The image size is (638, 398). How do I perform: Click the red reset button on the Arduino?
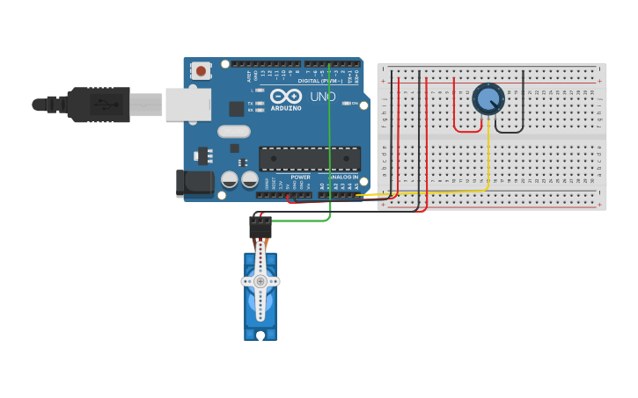[202, 70]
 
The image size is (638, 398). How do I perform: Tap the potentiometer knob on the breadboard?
[488, 98]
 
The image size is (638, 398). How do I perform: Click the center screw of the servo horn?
[260, 281]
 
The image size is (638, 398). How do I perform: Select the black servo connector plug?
[260, 228]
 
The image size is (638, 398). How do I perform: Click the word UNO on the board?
[322, 97]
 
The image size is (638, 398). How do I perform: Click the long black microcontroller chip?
[309, 158]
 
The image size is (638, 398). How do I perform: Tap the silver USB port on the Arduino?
[188, 104]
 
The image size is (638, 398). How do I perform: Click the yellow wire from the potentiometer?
[488, 167]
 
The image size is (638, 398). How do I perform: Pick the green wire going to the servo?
[329, 141]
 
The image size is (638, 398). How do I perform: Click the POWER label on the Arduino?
[300, 177]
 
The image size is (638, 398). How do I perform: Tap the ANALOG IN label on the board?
[343, 177]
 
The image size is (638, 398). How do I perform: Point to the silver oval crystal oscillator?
[233, 132]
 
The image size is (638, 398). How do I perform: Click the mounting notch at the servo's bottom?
[260, 335]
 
